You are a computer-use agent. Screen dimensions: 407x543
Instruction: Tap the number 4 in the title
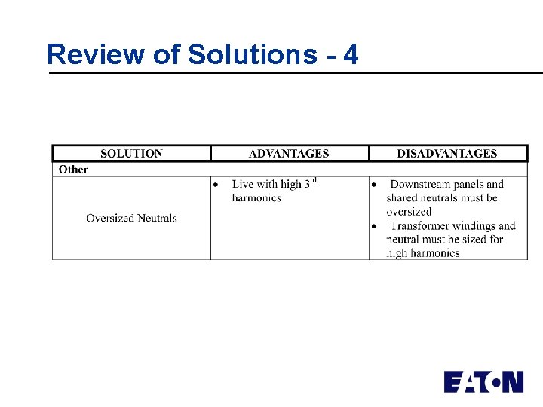point(351,54)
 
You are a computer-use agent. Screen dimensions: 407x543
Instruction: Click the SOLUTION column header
point(131,154)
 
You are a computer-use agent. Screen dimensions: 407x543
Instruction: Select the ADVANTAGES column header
point(289,154)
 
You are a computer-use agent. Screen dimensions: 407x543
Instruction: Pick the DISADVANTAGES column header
point(447,154)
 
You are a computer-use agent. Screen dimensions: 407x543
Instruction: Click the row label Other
point(73,170)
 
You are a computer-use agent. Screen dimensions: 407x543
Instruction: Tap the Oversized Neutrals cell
point(131,219)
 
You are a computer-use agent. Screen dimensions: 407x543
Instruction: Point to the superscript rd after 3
point(312,180)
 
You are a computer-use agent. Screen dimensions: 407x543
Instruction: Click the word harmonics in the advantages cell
point(256,198)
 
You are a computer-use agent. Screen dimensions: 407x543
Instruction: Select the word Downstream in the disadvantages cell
point(420,185)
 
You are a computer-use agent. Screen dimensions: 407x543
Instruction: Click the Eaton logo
point(483,381)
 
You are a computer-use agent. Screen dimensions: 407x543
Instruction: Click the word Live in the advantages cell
point(243,185)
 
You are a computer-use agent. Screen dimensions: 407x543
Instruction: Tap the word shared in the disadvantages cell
point(403,198)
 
